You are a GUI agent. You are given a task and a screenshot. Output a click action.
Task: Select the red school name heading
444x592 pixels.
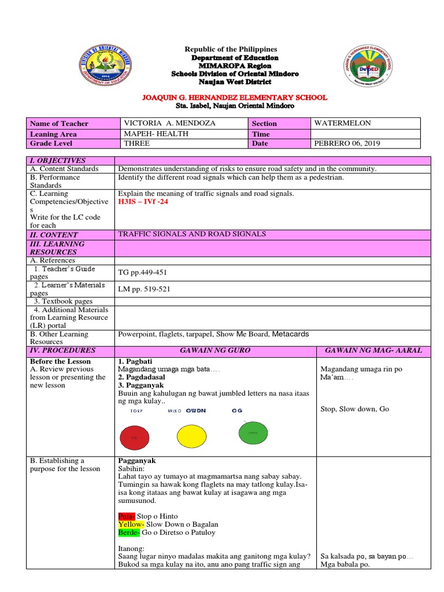click(x=234, y=98)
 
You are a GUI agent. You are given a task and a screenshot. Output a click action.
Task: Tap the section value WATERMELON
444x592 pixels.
click(x=342, y=123)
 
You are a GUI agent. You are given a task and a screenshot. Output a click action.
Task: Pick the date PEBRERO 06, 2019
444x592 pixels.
click(x=347, y=143)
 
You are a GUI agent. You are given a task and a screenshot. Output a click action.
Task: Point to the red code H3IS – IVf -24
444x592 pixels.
click(x=143, y=202)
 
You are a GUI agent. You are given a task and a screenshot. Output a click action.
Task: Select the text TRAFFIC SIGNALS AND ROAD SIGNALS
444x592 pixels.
click(x=192, y=234)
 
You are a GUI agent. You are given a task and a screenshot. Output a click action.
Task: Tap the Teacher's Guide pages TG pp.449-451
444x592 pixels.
click(x=145, y=273)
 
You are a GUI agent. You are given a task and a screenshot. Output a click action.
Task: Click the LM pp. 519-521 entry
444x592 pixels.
click(x=145, y=288)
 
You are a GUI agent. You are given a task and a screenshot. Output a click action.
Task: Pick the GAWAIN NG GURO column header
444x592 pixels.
click(x=215, y=350)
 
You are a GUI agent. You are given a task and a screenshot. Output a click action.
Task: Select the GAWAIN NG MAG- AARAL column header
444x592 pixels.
click(x=373, y=350)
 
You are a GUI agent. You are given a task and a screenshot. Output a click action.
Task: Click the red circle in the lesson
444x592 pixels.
click(x=135, y=438)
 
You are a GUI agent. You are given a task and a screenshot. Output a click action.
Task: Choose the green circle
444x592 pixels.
click(x=253, y=432)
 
